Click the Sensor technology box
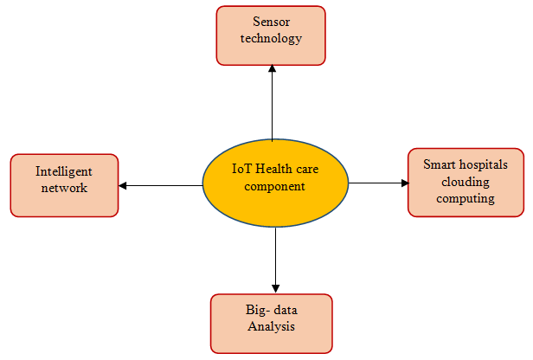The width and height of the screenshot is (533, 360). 270,35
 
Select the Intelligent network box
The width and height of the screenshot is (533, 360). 64,185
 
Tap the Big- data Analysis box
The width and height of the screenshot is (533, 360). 271,323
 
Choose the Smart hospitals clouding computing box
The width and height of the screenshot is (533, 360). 466,182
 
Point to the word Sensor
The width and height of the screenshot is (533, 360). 272,21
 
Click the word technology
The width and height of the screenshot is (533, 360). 272,38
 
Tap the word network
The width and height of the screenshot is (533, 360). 64,188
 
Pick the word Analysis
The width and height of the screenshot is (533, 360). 272,326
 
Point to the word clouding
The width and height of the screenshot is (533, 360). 466,181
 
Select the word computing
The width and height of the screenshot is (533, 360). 466,198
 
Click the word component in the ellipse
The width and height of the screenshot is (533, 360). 275,186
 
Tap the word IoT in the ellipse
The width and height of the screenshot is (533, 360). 243,169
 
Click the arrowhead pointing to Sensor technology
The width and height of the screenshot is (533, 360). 272,70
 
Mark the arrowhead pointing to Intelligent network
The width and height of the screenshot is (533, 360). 123,185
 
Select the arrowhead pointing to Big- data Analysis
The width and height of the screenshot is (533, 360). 275,287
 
